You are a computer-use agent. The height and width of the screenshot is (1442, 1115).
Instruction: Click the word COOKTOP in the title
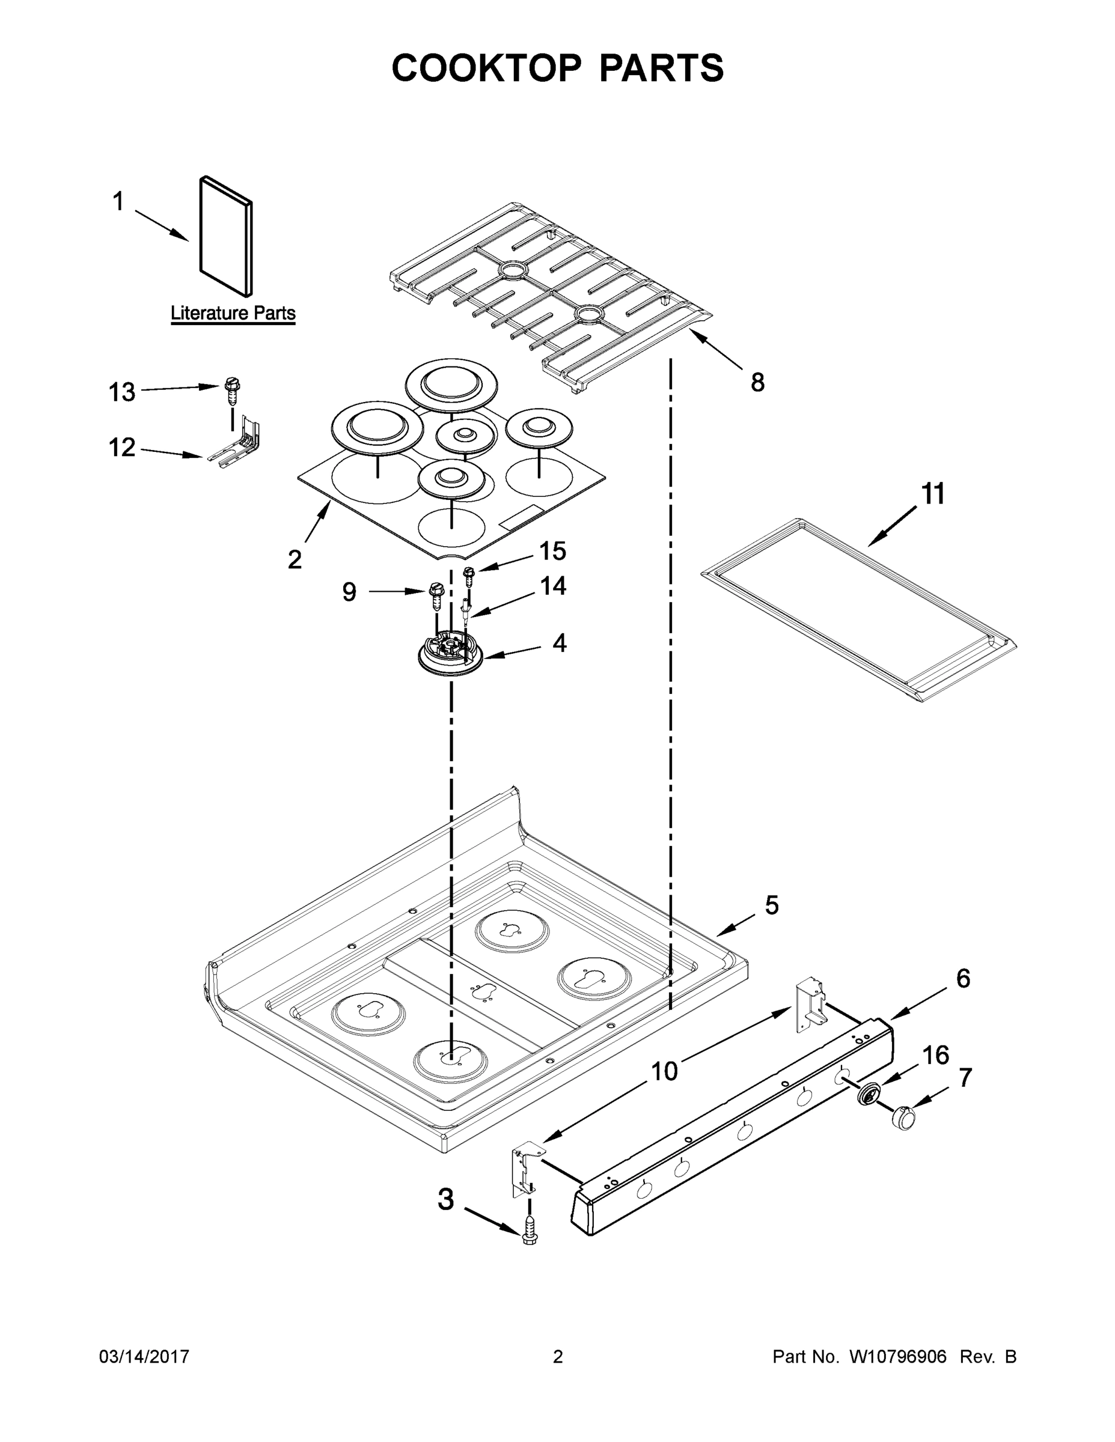point(487,68)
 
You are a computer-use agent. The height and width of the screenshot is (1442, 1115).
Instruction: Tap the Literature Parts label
point(233,313)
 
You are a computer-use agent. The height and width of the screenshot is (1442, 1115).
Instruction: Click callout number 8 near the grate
point(757,382)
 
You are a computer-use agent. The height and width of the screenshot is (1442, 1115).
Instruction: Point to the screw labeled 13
point(232,391)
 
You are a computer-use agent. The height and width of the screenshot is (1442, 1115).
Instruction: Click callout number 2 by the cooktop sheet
point(295,559)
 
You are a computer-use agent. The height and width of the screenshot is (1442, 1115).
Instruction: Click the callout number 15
point(553,550)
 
